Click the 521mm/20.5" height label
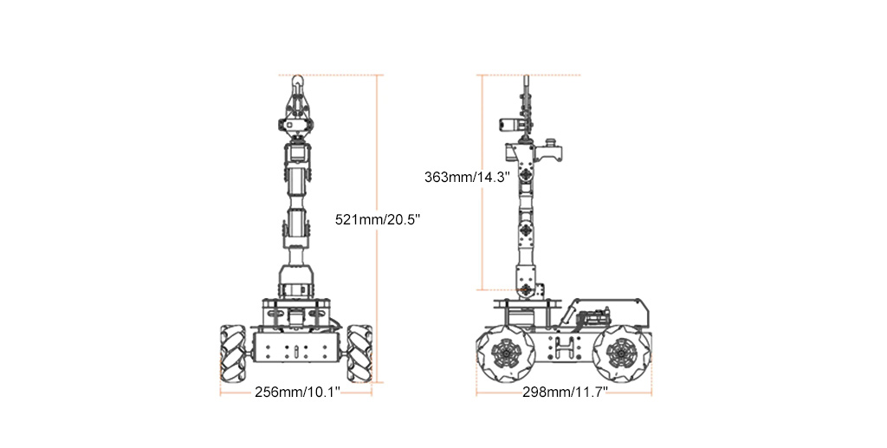pos(378,219)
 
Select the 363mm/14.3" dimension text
pos(467,177)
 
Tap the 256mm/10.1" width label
pos(298,392)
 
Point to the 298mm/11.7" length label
pos(565,392)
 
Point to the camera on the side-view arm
pos(508,125)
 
